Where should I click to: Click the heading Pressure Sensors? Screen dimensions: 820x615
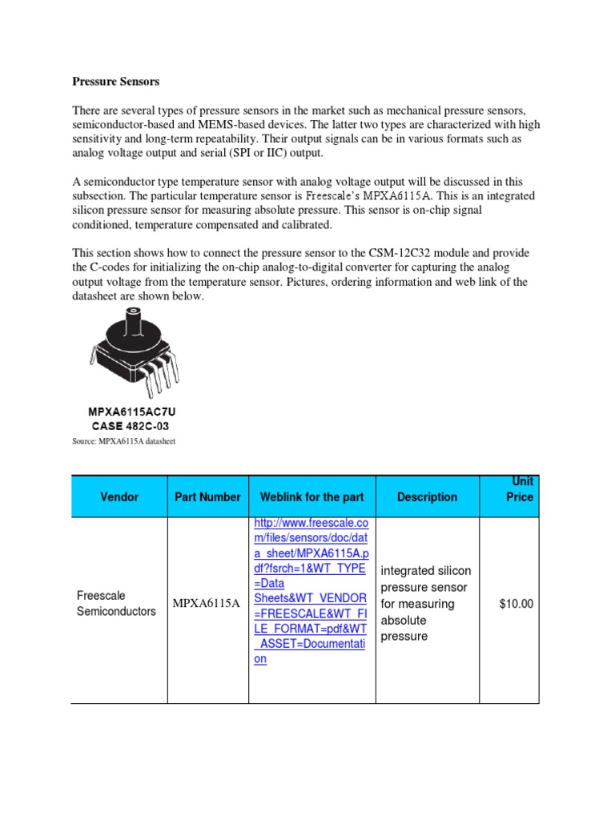coord(115,82)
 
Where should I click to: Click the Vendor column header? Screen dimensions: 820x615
coord(119,496)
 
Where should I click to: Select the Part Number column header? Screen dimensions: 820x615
coord(207,496)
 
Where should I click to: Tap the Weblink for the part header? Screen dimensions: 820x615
coord(312,496)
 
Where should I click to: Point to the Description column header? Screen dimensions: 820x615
coord(427,496)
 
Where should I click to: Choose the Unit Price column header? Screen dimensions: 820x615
coord(519,489)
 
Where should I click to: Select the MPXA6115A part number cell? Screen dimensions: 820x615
coord(207,603)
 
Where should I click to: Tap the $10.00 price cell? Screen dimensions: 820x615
coord(516,604)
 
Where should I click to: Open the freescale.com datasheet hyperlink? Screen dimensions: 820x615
coord(310,591)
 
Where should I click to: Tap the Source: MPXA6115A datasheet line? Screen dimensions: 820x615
coord(123,441)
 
